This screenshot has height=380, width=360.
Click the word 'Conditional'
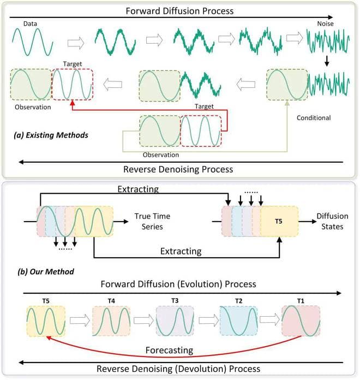point(315,117)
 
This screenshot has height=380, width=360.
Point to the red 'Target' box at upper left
point(71,84)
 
